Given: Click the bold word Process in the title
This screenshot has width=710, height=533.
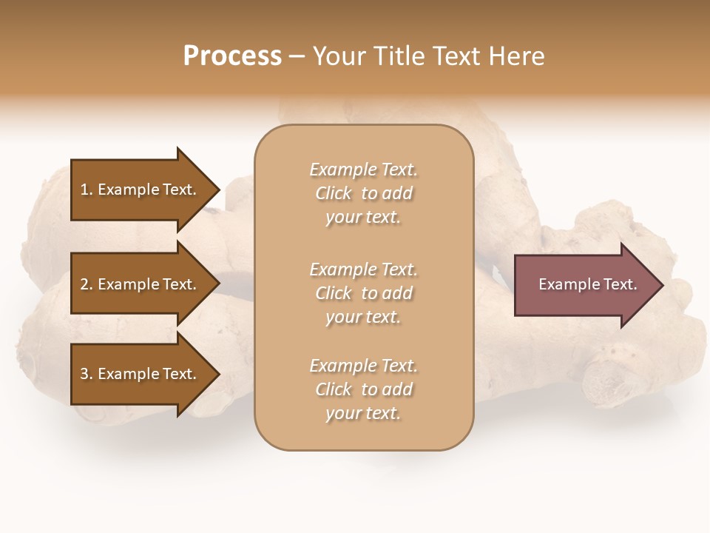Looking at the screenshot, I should point(232,56).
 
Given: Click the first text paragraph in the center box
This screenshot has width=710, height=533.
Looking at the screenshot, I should point(363,193).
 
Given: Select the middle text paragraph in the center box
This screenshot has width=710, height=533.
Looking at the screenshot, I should point(363,293).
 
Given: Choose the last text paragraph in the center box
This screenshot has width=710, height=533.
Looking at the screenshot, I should point(363,389).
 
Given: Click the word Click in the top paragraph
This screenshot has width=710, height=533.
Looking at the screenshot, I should point(334,193).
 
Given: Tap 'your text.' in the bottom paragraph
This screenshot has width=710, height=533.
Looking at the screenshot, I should point(363,413).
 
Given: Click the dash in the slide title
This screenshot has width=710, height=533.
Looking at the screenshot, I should point(297,56).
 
